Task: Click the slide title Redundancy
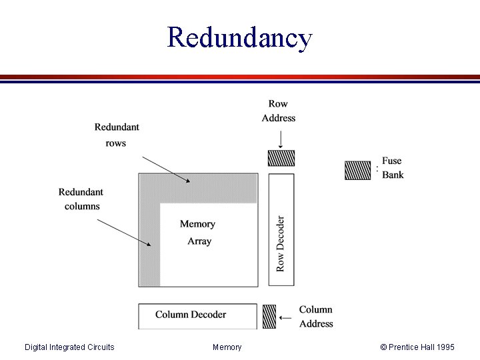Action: (239, 37)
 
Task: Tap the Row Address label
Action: (279, 111)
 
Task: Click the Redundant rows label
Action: (116, 135)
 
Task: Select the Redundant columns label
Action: (81, 199)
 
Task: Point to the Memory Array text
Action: (198, 233)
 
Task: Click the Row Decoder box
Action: (281, 230)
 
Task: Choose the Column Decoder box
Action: (197, 315)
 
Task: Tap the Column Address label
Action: (316, 317)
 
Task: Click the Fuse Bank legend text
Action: (393, 168)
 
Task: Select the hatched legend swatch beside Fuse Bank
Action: (357, 171)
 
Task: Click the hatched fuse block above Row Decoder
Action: (281, 158)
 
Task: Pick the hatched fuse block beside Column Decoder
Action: (269, 316)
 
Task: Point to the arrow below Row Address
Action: (281, 139)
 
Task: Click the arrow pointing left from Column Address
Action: (285, 318)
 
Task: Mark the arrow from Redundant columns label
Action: (128, 233)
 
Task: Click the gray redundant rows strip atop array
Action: (207, 188)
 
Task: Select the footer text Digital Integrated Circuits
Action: (69, 347)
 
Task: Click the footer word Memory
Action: (227, 347)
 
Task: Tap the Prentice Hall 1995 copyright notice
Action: (417, 347)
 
